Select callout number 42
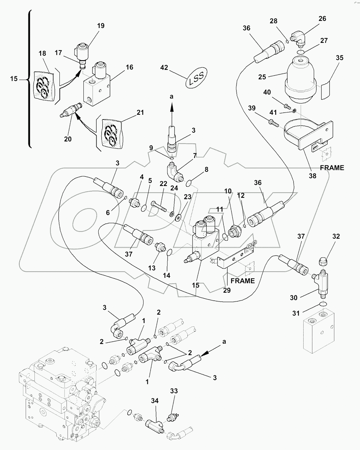click(164, 68)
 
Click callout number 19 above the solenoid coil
click(101, 26)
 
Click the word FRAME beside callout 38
click(332, 168)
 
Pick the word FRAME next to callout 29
click(242, 281)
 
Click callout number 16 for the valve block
click(129, 67)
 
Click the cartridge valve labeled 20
click(70, 110)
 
